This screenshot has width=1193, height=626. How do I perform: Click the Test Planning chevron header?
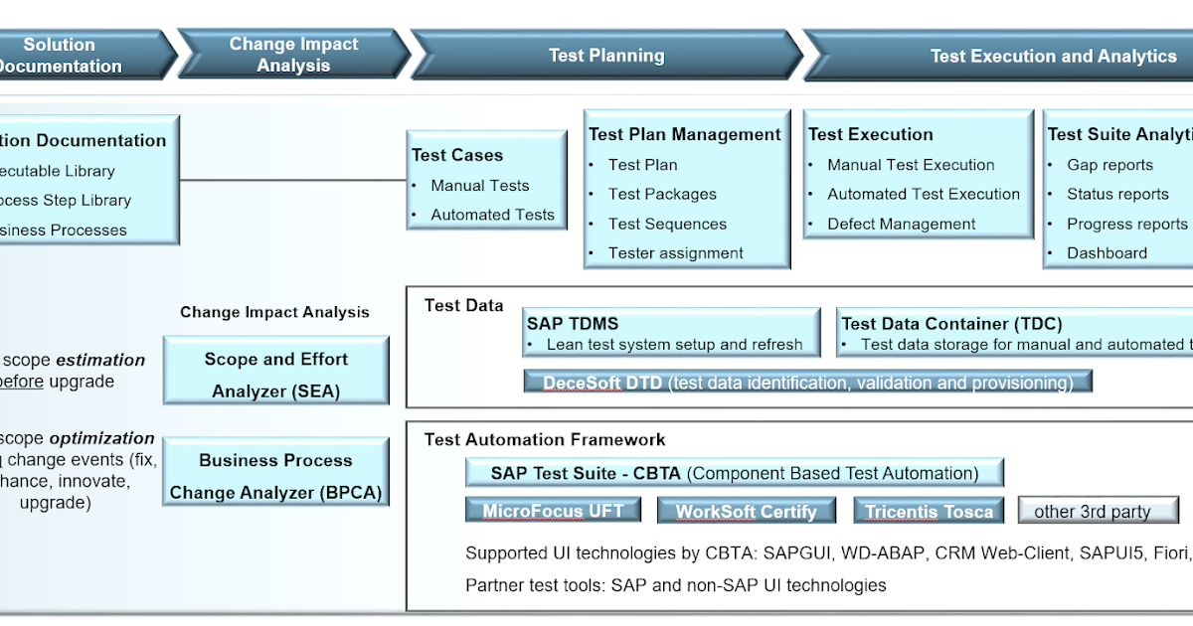click(606, 56)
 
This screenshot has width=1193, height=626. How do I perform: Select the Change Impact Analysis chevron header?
click(293, 55)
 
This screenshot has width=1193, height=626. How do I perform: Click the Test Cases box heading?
click(457, 155)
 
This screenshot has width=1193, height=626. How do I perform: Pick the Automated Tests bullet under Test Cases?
click(492, 215)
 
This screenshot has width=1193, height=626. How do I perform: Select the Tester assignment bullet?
click(675, 253)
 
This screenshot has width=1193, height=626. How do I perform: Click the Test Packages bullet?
click(662, 194)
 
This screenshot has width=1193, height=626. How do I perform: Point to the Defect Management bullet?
click(901, 225)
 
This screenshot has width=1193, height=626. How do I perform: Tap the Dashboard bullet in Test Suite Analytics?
click(1107, 253)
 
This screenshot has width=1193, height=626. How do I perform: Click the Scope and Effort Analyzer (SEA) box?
click(275, 375)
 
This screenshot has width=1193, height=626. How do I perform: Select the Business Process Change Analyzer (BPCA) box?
click(275, 476)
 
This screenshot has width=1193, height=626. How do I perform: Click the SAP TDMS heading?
click(573, 324)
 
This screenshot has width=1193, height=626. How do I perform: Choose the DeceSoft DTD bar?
click(807, 383)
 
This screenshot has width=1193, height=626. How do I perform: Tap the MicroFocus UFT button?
click(553, 512)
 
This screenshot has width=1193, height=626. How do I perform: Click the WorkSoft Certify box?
click(746, 512)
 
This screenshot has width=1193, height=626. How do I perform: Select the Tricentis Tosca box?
click(929, 512)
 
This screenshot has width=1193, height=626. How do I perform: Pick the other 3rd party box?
click(1098, 512)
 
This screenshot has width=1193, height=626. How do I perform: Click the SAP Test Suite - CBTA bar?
click(734, 473)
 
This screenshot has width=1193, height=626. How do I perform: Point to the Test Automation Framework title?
click(545, 439)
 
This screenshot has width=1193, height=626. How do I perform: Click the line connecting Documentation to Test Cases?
click(293, 181)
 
